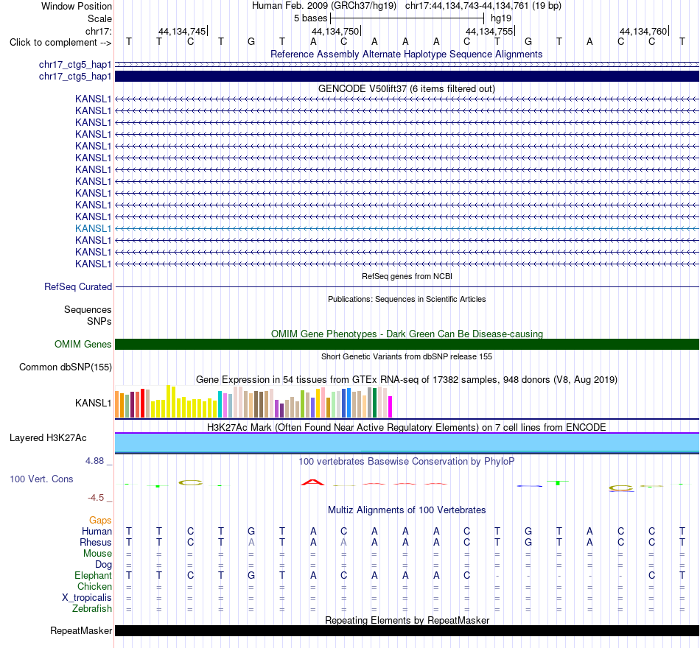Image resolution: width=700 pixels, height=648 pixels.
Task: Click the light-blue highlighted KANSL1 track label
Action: tap(93, 228)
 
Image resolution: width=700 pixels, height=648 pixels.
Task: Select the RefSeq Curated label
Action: tap(78, 286)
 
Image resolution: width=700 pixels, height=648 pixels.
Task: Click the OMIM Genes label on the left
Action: tap(83, 344)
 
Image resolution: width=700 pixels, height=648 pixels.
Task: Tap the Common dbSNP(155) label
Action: tap(66, 367)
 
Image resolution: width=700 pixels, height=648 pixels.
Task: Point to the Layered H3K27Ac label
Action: tap(48, 438)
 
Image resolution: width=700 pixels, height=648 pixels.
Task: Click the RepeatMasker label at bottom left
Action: tap(81, 630)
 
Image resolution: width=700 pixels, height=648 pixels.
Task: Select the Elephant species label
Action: tap(94, 575)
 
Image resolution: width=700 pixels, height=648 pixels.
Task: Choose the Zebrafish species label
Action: tap(92, 608)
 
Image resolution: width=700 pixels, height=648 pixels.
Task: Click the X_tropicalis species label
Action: tap(87, 598)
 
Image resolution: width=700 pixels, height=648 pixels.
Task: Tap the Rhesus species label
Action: tap(96, 542)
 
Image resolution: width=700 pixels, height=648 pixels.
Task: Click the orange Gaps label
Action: tap(100, 520)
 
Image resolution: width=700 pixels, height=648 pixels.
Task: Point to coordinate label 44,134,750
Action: tap(335, 31)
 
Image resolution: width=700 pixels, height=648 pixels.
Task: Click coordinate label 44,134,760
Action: tap(643, 31)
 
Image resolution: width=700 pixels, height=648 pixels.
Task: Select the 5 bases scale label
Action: tap(311, 18)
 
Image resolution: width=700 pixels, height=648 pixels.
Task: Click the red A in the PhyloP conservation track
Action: tap(313, 482)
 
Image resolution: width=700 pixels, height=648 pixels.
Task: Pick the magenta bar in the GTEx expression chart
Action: tap(391, 406)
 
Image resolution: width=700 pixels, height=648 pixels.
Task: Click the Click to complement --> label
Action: tap(60, 43)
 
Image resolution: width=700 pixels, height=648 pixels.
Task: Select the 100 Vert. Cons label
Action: tap(41, 479)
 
